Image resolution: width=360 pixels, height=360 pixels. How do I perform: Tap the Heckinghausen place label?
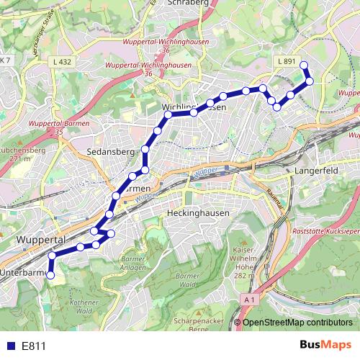[x=197, y=214]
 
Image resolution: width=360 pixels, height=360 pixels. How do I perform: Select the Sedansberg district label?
[x=111, y=153]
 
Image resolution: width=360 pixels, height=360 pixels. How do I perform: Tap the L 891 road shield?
[x=286, y=63]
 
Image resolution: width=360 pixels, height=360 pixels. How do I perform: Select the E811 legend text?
[x=34, y=346]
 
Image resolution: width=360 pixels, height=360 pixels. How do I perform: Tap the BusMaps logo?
[x=325, y=346]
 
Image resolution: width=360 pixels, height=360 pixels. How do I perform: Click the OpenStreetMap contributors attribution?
[x=297, y=323]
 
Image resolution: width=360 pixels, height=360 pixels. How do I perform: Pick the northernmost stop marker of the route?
[x=304, y=66]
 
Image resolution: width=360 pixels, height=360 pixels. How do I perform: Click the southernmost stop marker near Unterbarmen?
[x=50, y=275]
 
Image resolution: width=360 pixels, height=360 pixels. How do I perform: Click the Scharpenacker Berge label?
[x=206, y=324]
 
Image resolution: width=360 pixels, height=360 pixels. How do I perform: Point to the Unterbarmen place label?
[x=22, y=273]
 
